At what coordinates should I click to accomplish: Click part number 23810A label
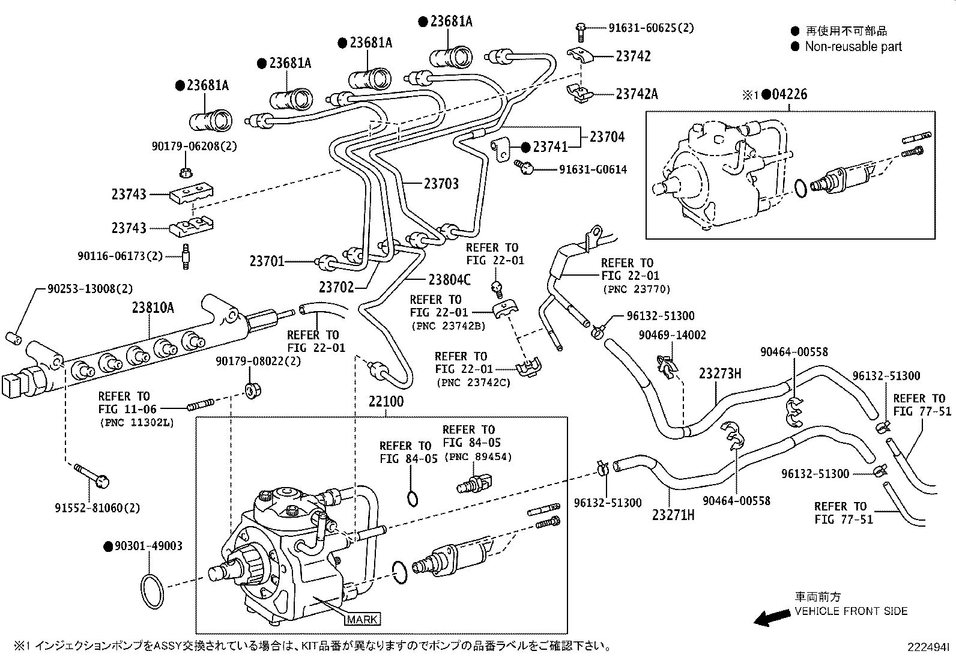point(153,308)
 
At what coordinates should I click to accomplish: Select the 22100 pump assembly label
point(386,401)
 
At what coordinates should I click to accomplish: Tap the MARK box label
point(363,619)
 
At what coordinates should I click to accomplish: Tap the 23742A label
point(637,94)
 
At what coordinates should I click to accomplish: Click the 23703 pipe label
point(441,184)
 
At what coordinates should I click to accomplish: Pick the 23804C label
point(450,279)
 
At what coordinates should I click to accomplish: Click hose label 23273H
point(720,374)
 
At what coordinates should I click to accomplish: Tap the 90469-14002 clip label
point(672,335)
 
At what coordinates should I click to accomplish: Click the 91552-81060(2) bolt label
point(97,508)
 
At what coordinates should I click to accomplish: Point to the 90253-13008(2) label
point(90,289)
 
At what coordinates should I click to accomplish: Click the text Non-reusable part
point(853,46)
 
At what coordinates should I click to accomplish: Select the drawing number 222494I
point(928,647)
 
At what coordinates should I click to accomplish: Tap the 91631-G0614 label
point(593,169)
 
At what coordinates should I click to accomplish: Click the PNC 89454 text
point(477,457)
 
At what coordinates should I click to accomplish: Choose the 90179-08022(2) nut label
point(258,362)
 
